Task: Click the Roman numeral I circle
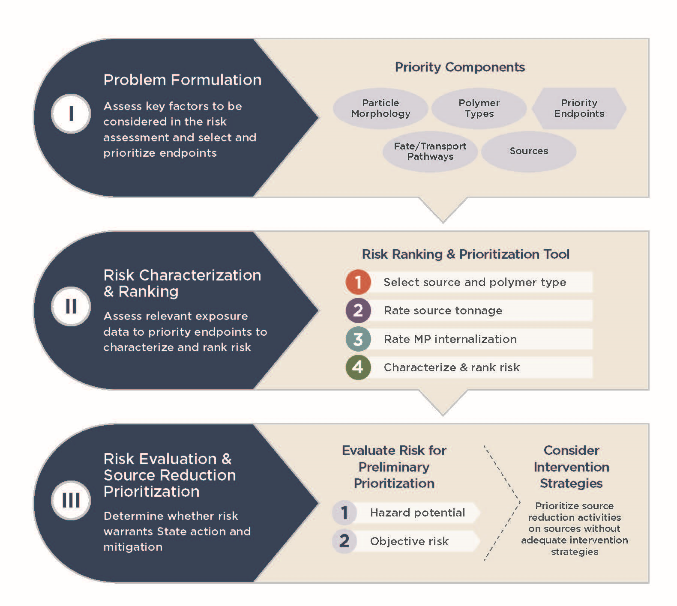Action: coord(71,113)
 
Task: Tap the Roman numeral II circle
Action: coord(71,306)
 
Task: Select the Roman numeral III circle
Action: coord(71,500)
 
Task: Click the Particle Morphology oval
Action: coord(380,108)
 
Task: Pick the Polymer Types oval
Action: coord(479,108)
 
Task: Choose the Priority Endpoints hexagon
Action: coord(579,108)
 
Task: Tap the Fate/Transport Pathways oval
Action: coord(430,152)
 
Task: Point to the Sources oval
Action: coord(529,152)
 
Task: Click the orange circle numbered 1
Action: coord(358,282)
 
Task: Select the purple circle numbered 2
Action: coord(358,310)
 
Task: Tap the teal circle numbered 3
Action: coord(358,339)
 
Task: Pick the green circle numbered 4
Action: coord(358,367)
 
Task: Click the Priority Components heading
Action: coord(460,67)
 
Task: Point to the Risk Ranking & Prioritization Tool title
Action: coord(466,254)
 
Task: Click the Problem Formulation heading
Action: coord(183,80)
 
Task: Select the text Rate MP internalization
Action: coord(450,339)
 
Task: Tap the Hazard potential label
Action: coord(418,513)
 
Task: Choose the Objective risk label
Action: coord(409,541)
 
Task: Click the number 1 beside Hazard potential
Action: coord(344,513)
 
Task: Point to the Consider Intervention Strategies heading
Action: coord(572,467)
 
